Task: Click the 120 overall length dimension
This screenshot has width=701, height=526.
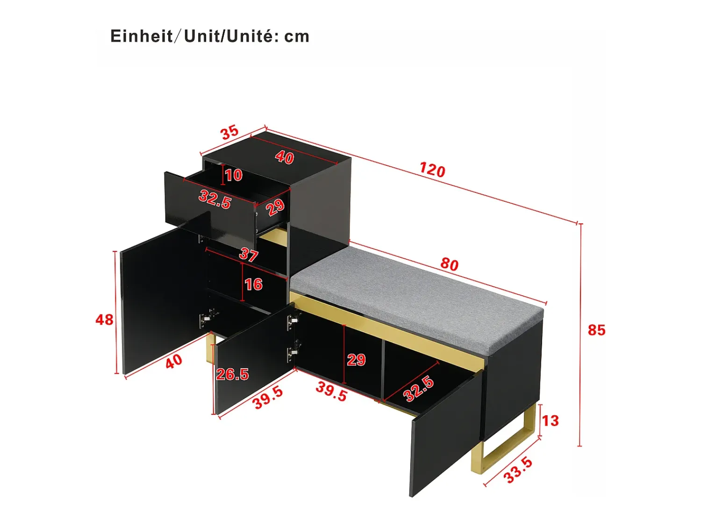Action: pyautogui.click(x=432, y=170)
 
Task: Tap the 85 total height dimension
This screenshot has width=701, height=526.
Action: pyautogui.click(x=597, y=330)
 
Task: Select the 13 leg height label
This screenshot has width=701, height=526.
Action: pyautogui.click(x=550, y=421)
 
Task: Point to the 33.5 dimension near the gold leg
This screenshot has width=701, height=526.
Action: pyautogui.click(x=518, y=470)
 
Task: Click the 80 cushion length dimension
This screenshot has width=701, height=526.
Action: pyautogui.click(x=450, y=264)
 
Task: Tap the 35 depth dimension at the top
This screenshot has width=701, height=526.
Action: pyautogui.click(x=230, y=133)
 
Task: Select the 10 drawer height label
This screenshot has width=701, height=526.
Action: pyautogui.click(x=234, y=175)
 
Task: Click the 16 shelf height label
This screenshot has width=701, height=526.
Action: pyautogui.click(x=254, y=284)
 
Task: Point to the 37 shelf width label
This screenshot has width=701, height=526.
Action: pyautogui.click(x=249, y=255)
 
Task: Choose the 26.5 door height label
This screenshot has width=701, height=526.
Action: pyautogui.click(x=232, y=374)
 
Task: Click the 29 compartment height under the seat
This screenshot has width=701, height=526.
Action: pyautogui.click(x=356, y=360)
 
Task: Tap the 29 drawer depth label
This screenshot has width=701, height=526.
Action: pyautogui.click(x=275, y=207)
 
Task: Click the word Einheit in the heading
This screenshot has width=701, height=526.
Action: pyautogui.click(x=142, y=36)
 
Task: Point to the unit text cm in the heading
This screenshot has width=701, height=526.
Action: pyautogui.click(x=297, y=37)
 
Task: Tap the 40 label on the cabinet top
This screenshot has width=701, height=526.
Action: pyautogui.click(x=284, y=157)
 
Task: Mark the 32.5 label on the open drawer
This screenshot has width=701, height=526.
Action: pyautogui.click(x=215, y=199)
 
